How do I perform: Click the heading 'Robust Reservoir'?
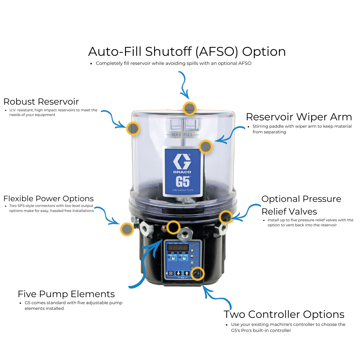[x=41, y=101]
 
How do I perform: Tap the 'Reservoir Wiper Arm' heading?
[x=299, y=117]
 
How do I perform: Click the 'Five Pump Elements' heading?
[x=66, y=294]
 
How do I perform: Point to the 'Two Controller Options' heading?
[x=284, y=315]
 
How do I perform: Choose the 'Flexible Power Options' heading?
[x=48, y=199]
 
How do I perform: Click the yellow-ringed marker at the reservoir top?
[x=190, y=108]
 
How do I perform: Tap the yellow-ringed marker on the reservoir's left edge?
[x=133, y=128]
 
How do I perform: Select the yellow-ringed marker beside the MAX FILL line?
[x=206, y=147]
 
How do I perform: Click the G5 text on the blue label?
[x=183, y=182]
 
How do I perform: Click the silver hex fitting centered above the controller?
[x=185, y=232]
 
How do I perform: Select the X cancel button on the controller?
[x=170, y=273]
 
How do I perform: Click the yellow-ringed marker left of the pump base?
[x=127, y=229]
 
